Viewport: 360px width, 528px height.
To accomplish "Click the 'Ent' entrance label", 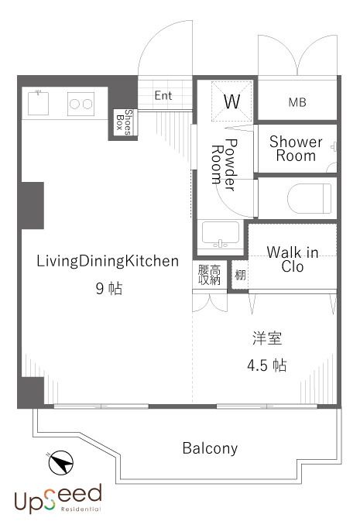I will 163,96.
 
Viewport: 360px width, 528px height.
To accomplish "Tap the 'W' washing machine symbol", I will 231,101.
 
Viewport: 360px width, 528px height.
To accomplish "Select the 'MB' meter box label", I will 297,101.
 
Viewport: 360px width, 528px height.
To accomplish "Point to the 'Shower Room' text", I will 296,149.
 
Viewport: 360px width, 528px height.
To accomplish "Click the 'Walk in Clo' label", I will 292,259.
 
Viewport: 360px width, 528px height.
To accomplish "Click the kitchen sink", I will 39,101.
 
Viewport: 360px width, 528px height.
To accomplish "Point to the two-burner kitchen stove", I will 81,101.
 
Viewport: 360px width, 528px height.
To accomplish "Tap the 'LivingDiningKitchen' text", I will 108,261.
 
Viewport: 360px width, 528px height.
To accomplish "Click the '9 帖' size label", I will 108,290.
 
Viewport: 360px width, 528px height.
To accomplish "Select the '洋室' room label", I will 266,338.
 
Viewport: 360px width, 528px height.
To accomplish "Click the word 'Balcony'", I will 210,448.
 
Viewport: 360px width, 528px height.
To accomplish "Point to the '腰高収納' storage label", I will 209,275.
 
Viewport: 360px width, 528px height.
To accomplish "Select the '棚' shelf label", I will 240,276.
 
